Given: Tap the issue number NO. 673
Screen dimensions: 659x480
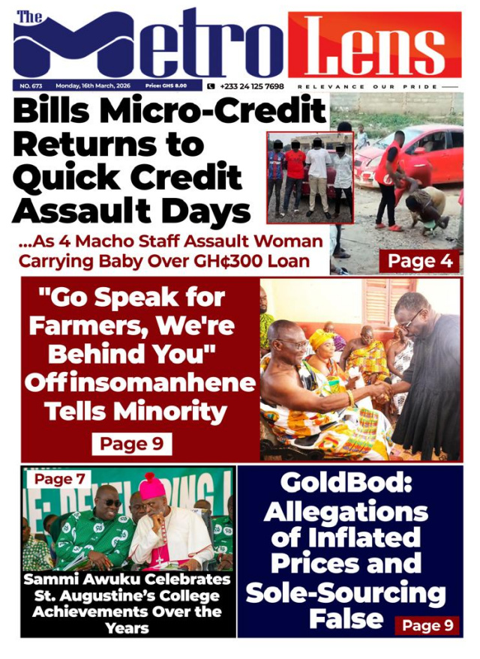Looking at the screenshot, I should pos(31,86).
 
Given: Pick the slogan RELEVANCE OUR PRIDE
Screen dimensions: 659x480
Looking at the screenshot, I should pos(370,87).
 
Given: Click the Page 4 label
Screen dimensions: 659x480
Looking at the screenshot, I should pos(419,261).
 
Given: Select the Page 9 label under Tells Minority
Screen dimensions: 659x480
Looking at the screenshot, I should pos(131,444).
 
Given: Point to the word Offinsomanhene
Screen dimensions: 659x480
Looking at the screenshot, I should pos(140,382).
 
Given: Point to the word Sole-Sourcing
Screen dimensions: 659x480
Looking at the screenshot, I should pos(346,594).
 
